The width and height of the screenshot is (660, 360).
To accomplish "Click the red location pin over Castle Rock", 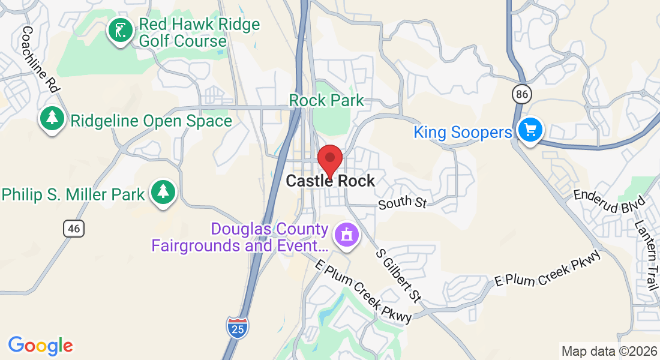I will click(329, 160).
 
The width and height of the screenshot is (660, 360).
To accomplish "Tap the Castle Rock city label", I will click(331, 181).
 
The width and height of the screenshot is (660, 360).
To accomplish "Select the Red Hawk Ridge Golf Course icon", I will click(121, 31).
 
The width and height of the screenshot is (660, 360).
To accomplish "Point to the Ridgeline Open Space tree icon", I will click(53, 118).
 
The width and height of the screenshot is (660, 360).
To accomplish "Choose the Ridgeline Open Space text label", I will click(151, 121).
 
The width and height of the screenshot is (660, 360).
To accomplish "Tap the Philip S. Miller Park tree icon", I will click(163, 192).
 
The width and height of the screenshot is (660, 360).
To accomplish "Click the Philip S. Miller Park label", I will click(73, 194).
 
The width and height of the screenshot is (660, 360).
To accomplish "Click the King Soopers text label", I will click(463, 132).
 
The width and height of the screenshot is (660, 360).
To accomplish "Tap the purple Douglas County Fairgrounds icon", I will click(346, 234).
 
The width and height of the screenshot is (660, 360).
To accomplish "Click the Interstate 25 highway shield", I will click(238, 327).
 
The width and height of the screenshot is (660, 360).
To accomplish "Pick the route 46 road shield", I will click(73, 229).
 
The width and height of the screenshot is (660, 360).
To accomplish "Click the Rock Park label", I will click(326, 100).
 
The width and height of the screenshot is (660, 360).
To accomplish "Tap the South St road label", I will click(402, 203).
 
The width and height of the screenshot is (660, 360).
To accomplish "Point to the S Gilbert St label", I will click(398, 275).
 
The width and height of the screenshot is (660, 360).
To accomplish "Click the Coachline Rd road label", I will click(41, 59).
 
